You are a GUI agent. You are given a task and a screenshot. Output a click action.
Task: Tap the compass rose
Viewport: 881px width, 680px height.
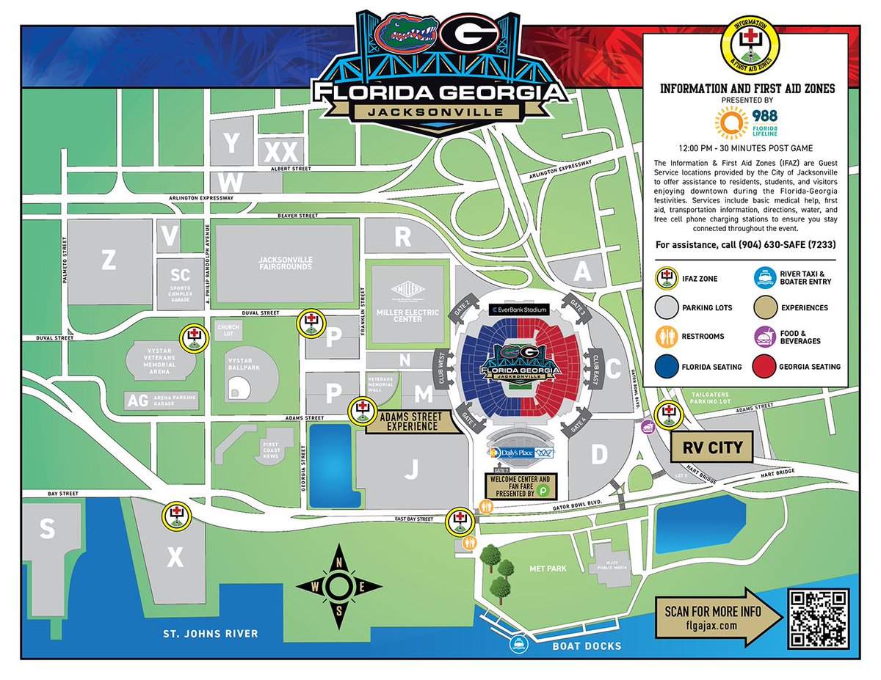pyautogui.click(x=338, y=587)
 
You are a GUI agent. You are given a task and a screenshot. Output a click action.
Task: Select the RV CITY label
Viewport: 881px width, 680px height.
pyautogui.click(x=713, y=447)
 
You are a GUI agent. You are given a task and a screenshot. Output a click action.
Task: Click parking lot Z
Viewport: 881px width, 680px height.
pyautogui.click(x=109, y=259)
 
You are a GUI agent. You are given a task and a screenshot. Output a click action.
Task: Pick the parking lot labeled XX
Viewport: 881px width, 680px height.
pyautogui.click(x=280, y=152)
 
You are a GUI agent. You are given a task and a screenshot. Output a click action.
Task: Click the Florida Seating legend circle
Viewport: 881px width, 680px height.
pyautogui.click(x=666, y=367)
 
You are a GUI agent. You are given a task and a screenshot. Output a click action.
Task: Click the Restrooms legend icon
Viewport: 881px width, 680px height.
pyautogui.click(x=666, y=337)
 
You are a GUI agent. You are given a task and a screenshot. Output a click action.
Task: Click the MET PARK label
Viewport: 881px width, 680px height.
pyautogui.click(x=546, y=569)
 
